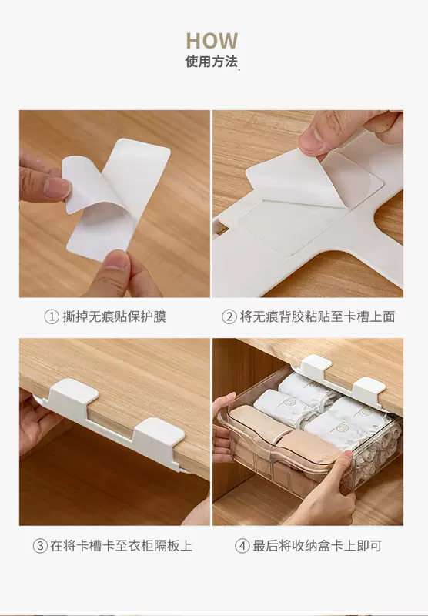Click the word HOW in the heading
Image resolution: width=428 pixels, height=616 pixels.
(x=212, y=41)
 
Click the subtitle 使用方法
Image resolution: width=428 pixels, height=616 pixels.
(x=211, y=62)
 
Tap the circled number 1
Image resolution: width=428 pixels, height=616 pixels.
(x=52, y=316)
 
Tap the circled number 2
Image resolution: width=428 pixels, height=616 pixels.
(x=229, y=316)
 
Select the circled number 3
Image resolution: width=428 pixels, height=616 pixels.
(x=40, y=546)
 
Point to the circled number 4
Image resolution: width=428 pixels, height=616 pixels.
(x=242, y=546)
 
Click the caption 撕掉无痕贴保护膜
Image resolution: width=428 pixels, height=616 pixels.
(x=114, y=316)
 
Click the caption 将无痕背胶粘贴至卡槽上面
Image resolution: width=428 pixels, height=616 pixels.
(x=317, y=316)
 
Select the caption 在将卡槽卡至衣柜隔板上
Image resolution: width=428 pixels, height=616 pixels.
(x=121, y=546)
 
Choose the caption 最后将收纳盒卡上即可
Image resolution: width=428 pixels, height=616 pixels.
(x=317, y=546)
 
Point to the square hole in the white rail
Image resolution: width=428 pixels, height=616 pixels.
(x=220, y=228)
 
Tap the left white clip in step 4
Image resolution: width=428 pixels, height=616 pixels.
(x=316, y=364)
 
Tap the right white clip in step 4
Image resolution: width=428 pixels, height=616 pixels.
(x=368, y=389)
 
